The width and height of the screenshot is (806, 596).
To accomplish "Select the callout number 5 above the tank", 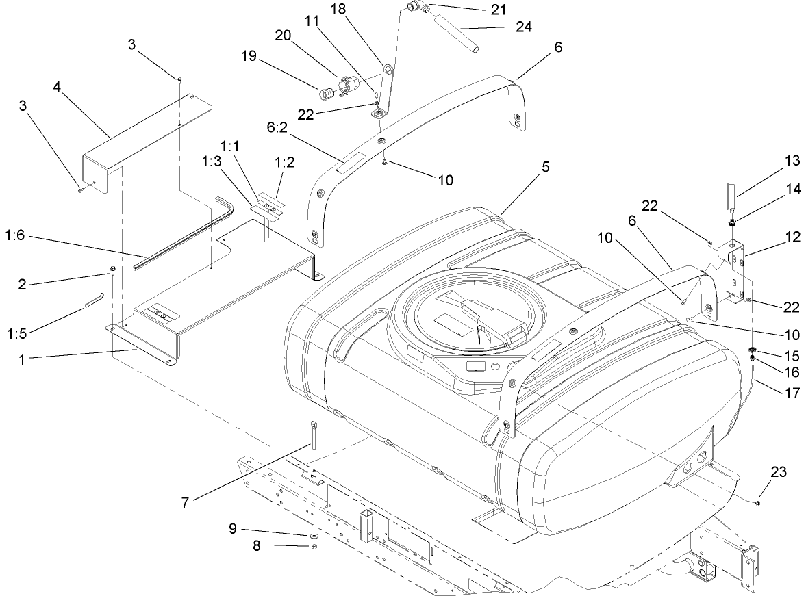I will pos(544,167).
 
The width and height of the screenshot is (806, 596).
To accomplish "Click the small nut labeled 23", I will pos(757,503).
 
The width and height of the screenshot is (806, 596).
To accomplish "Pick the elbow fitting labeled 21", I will pos(413,8).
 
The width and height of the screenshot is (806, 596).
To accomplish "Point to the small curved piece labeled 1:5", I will pos(93,300).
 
